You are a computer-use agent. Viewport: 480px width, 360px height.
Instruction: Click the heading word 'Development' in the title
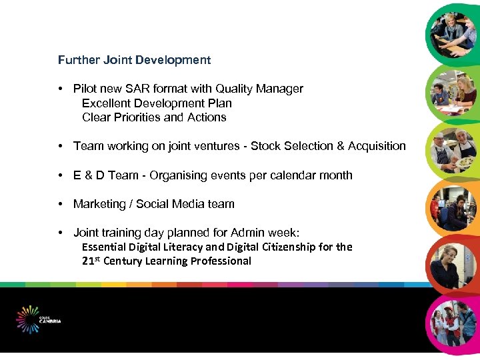(x=173, y=60)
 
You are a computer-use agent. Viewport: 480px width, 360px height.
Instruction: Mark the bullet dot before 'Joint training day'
(x=60, y=233)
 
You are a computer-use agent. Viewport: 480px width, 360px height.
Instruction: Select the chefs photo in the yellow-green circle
(x=453, y=151)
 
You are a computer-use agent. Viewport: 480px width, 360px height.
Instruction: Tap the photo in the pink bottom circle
(x=453, y=323)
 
